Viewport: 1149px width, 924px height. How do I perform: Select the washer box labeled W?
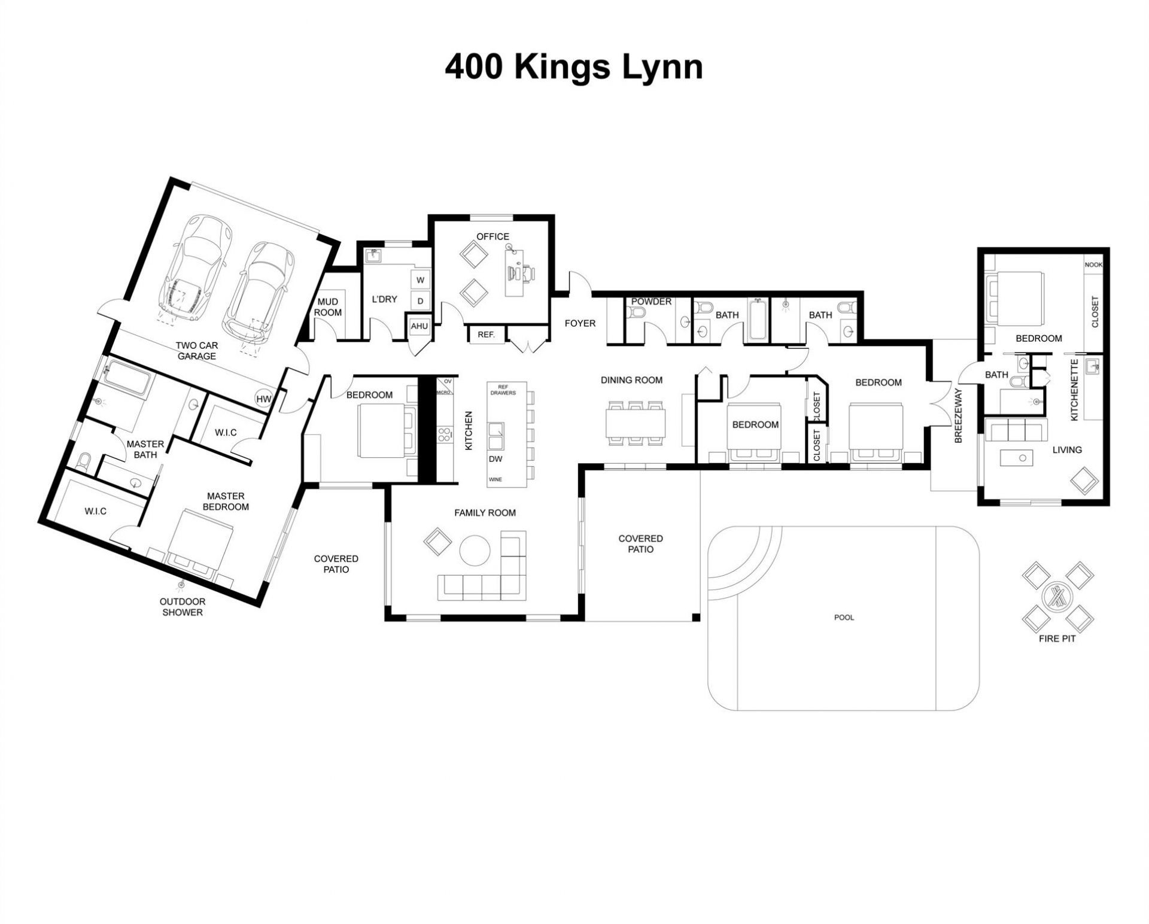420,279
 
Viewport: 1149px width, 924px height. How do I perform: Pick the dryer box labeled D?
420,301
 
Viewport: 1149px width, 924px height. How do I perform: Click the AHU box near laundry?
419,326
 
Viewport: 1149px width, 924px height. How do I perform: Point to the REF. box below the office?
486,335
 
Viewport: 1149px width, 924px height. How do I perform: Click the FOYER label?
580,323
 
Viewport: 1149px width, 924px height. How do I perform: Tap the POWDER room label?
651,302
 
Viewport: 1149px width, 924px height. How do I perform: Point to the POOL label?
844,617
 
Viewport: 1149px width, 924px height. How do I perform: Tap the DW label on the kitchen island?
495,459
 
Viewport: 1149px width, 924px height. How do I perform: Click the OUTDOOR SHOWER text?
183,607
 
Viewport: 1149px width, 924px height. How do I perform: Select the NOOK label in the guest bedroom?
1093,265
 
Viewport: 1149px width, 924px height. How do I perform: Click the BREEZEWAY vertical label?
957,416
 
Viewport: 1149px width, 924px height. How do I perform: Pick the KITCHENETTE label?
1074,390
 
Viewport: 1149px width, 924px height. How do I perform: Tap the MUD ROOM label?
328,307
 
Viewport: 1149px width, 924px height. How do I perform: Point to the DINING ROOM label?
631,379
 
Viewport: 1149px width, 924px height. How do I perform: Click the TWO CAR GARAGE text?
197,351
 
